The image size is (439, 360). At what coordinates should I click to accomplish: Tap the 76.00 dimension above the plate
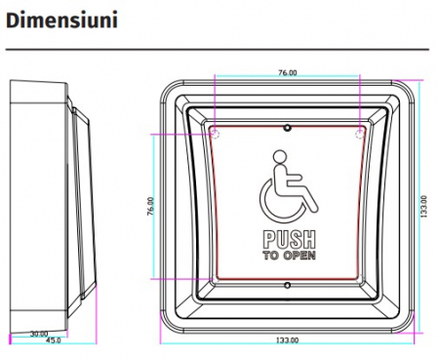tap(287, 72)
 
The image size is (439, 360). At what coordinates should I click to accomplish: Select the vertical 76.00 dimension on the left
tap(151, 207)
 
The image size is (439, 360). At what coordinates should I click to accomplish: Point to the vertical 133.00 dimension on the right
tap(422, 207)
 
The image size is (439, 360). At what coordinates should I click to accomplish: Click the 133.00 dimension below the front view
tap(288, 339)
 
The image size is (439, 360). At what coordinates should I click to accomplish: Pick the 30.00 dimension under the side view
tap(39, 333)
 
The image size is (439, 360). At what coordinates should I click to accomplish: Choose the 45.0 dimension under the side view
tap(55, 340)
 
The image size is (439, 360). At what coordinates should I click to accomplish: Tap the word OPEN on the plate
tap(299, 256)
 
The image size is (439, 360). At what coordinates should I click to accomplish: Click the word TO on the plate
tap(270, 256)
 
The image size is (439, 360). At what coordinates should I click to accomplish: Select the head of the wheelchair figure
tap(279, 155)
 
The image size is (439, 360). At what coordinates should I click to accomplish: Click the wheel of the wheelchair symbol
tap(278, 200)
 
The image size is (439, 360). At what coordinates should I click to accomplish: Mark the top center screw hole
tap(287, 127)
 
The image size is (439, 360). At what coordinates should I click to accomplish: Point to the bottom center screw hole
tap(287, 285)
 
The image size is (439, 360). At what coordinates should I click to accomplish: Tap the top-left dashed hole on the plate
tap(216, 128)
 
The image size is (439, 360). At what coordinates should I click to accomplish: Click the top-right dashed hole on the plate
tap(359, 128)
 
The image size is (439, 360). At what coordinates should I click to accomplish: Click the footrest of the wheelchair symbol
tap(313, 206)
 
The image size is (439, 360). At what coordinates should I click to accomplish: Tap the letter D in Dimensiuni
tap(15, 20)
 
